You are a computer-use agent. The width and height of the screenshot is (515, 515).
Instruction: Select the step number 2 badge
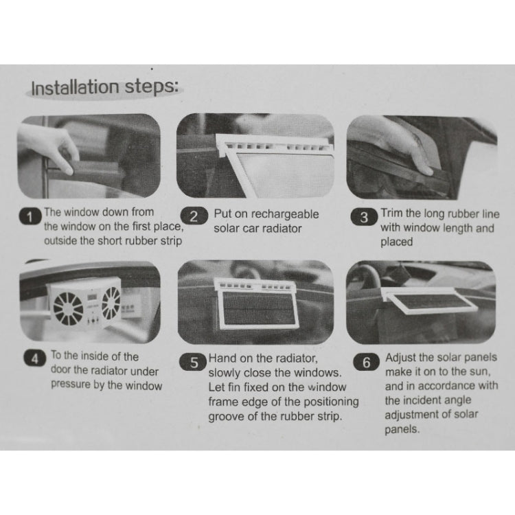click(x=195, y=217)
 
